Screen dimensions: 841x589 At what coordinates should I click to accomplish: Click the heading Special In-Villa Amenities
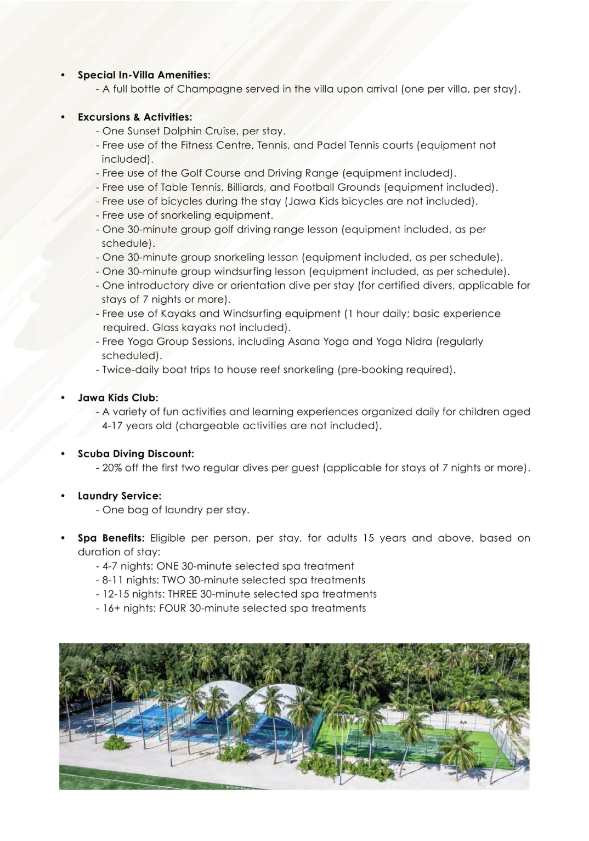click(144, 75)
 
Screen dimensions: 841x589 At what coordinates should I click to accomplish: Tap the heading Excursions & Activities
click(135, 117)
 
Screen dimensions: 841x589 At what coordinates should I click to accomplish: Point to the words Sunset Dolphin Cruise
click(183, 132)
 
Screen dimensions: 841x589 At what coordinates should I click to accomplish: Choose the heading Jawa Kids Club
click(118, 398)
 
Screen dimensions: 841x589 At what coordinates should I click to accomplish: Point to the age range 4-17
click(113, 426)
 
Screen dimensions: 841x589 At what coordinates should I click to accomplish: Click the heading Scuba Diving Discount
click(136, 454)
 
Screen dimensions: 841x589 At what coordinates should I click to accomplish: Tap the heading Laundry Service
click(120, 496)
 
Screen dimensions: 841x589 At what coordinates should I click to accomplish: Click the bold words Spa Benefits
click(111, 538)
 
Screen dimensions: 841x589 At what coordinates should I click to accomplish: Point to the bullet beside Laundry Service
click(63, 496)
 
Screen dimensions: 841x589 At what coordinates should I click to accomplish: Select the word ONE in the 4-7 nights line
click(167, 566)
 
